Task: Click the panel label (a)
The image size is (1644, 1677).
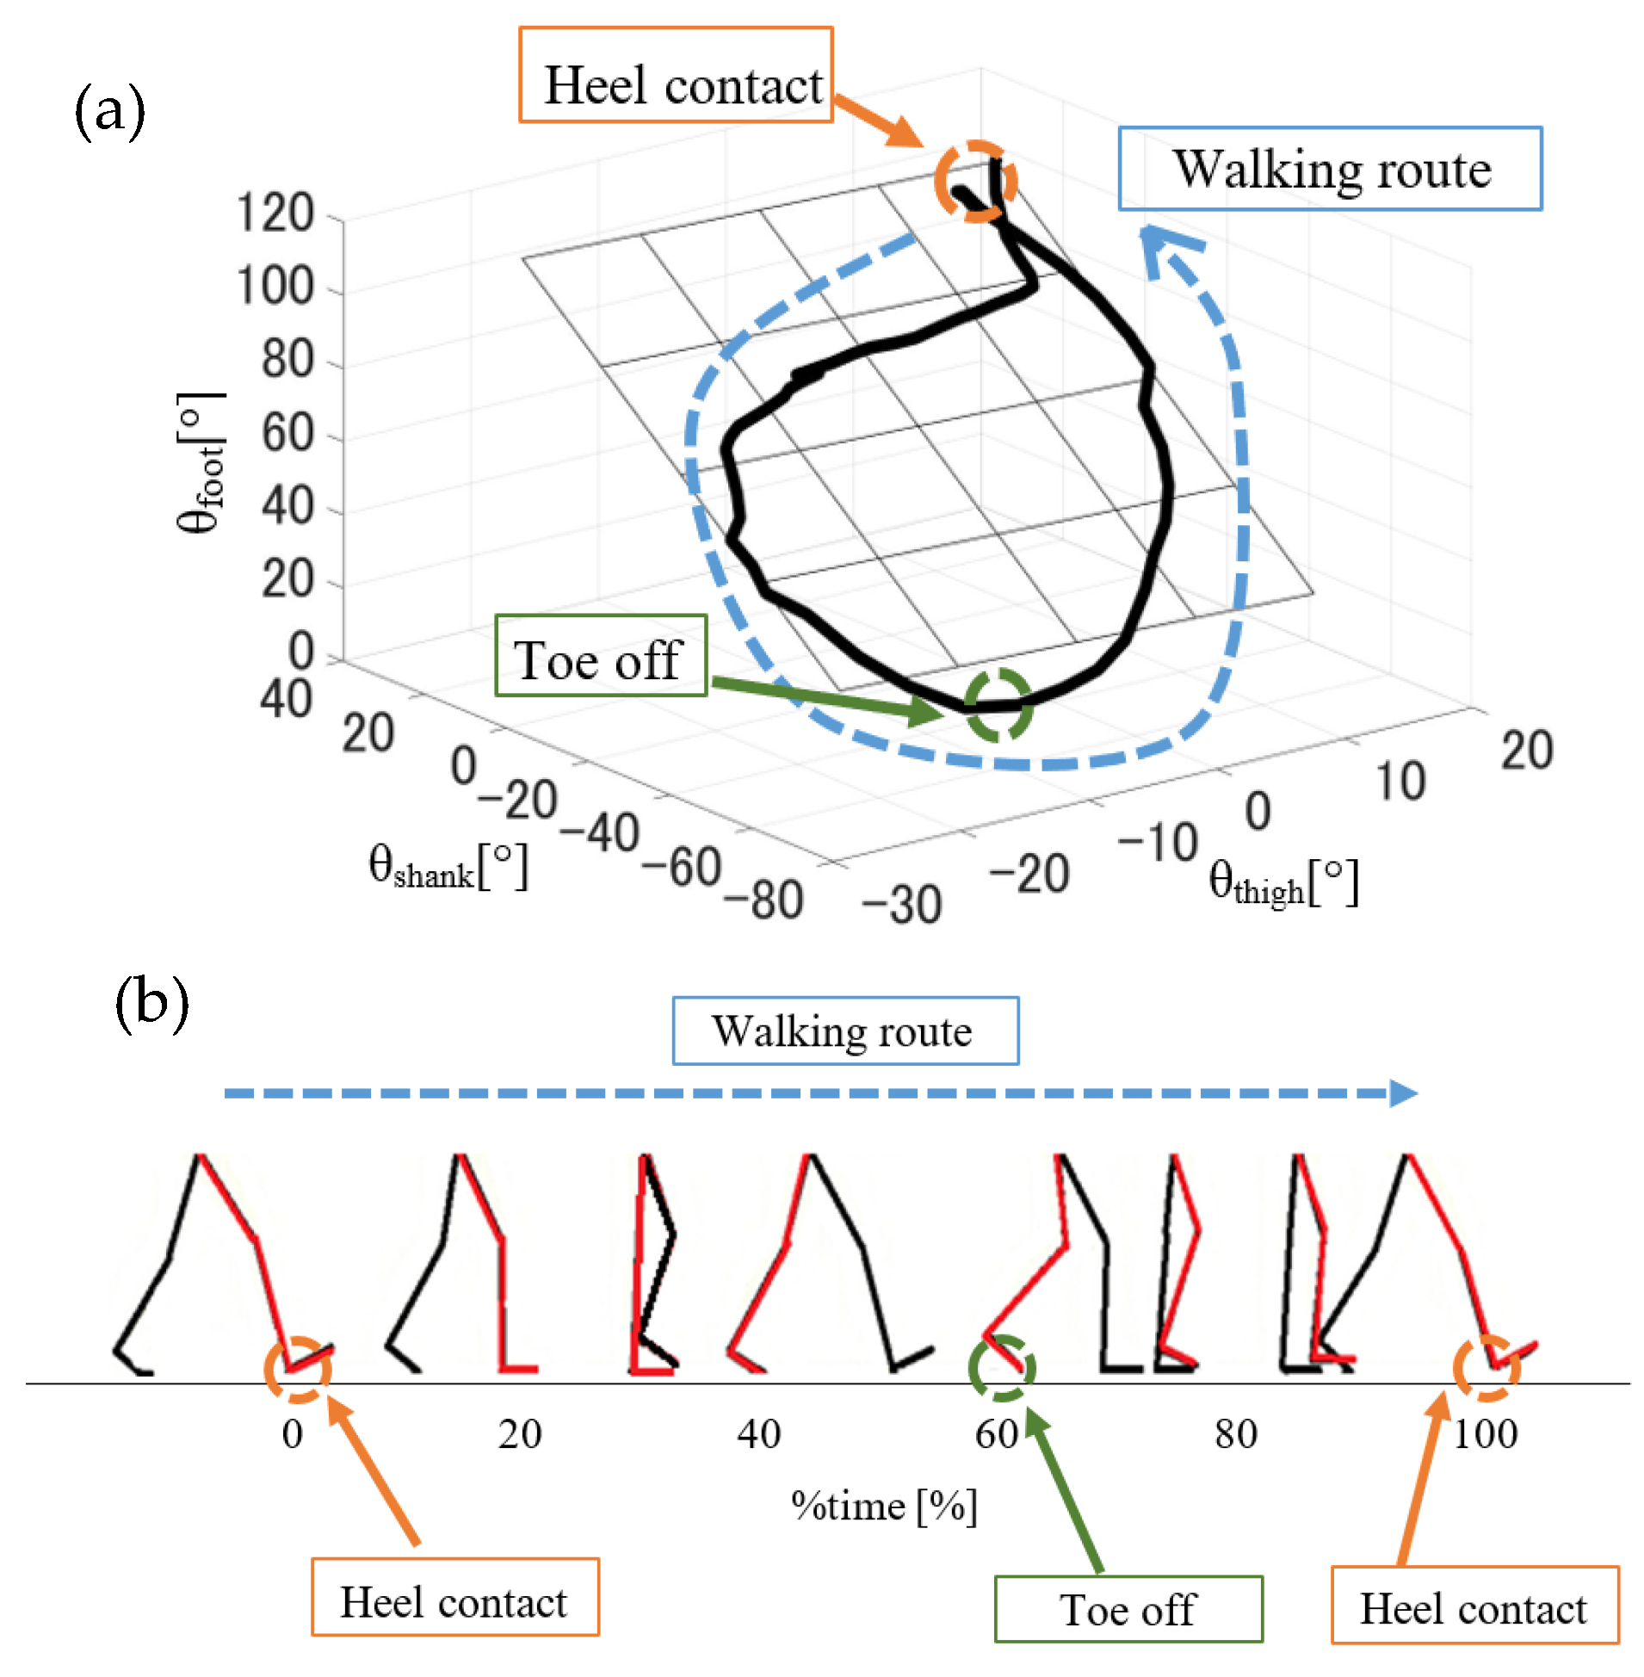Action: click(109, 110)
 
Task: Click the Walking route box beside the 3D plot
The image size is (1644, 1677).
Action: click(1330, 170)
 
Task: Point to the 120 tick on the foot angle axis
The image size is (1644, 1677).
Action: click(275, 213)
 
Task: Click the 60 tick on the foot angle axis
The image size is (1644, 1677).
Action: click(287, 434)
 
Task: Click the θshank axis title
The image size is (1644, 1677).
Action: click(448, 867)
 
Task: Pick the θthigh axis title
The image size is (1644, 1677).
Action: click(1283, 882)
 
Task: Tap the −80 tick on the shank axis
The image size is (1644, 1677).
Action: click(764, 900)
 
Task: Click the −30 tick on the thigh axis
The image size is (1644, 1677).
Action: click(901, 905)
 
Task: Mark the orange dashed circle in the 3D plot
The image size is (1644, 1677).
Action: click(976, 182)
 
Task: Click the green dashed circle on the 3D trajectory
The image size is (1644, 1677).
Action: click(998, 705)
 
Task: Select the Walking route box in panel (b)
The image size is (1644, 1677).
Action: click(845, 1031)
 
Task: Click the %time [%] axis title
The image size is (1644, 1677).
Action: click(884, 1506)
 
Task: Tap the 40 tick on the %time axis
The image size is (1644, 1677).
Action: click(759, 1434)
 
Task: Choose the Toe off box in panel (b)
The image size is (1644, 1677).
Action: click(1128, 1609)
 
